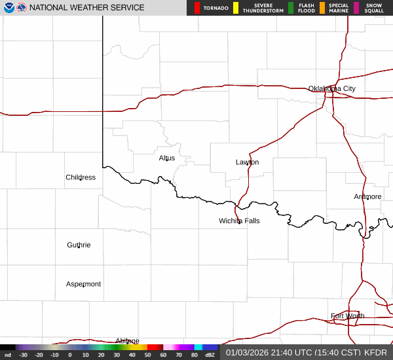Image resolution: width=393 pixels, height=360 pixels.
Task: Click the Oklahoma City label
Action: [332, 88]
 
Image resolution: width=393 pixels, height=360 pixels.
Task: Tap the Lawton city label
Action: [247, 162]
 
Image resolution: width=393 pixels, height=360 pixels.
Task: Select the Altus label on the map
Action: [166, 158]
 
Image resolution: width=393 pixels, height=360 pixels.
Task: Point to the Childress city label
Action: [81, 177]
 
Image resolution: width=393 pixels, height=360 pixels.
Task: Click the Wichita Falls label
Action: [239, 221]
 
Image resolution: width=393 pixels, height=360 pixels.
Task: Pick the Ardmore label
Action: [367, 196]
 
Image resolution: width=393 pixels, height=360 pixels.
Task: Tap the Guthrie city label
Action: [79, 245]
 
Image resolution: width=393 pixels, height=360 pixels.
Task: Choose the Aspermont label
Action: [83, 284]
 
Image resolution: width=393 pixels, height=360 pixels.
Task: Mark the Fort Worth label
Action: [347, 315]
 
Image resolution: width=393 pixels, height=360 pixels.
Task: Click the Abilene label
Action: [127, 340]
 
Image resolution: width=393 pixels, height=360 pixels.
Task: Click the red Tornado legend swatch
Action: [197, 8]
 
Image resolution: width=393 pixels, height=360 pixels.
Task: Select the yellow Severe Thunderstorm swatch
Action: [236, 8]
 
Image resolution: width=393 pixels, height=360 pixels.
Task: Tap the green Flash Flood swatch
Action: [290, 8]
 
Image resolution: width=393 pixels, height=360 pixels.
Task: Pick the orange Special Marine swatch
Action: [322, 8]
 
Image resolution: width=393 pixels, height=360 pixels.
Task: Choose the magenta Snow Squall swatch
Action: [356, 8]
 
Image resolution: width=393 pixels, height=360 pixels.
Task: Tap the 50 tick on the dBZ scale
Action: [147, 355]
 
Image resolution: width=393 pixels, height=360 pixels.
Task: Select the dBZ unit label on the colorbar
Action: [210, 355]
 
